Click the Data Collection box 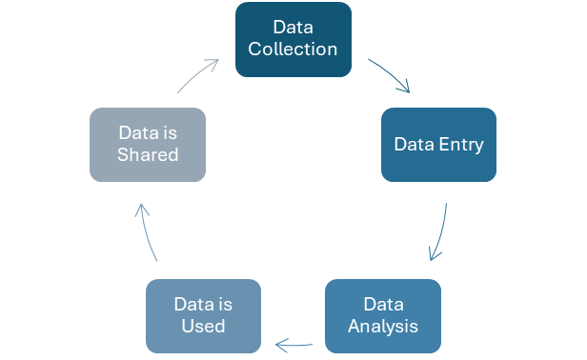tap(293, 37)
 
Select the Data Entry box tap(439, 145)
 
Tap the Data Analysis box tap(382, 315)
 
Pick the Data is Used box tap(203, 315)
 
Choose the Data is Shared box tap(148, 144)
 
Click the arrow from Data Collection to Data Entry tap(390, 75)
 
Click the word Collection tap(293, 49)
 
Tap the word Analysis tap(382, 327)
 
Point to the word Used tap(203, 327)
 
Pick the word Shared tap(148, 155)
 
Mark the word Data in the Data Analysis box tap(382, 305)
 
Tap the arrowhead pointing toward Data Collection tap(213, 64)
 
